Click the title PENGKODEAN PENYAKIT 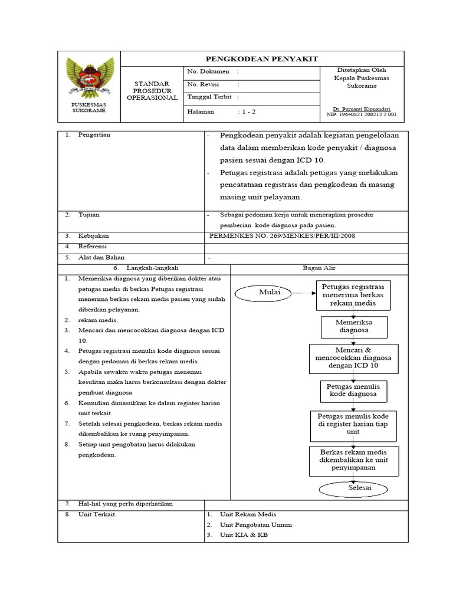[261, 58]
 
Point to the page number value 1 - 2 [247, 111]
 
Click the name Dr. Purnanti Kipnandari [362, 109]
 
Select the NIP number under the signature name [362, 115]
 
